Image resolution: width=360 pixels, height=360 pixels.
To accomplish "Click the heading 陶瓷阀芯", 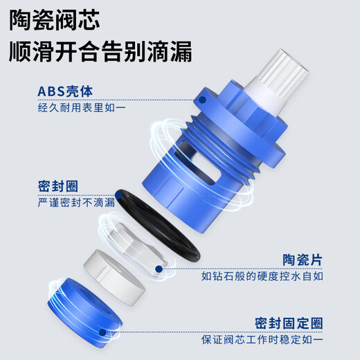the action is (x=55, y=20).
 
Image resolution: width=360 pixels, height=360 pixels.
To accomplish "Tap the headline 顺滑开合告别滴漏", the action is (x=100, y=51).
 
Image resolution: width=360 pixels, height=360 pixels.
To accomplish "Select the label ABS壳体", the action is (x=65, y=91).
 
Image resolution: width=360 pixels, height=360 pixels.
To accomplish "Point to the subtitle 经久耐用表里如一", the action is (x=82, y=107).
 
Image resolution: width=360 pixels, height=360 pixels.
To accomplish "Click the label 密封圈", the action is (x=58, y=186).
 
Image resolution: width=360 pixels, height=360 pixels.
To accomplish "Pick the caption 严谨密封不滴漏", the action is (x=76, y=202).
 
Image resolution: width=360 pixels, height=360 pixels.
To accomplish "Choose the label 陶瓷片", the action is (x=303, y=260).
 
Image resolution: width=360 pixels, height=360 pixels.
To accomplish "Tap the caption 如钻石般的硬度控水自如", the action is (x=262, y=276).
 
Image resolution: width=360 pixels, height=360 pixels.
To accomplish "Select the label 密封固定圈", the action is (x=289, y=323).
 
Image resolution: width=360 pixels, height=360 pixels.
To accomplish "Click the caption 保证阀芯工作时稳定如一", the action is (x=262, y=340).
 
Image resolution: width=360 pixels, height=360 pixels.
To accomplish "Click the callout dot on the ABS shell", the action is (x=202, y=100).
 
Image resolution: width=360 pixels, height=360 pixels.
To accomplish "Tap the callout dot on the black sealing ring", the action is (x=118, y=196).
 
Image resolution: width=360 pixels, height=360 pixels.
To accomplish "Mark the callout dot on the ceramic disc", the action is (x=159, y=269).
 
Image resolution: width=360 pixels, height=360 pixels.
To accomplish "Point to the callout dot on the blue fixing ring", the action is (x=102, y=332).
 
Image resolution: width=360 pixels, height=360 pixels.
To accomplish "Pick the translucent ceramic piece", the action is (x=136, y=244).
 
